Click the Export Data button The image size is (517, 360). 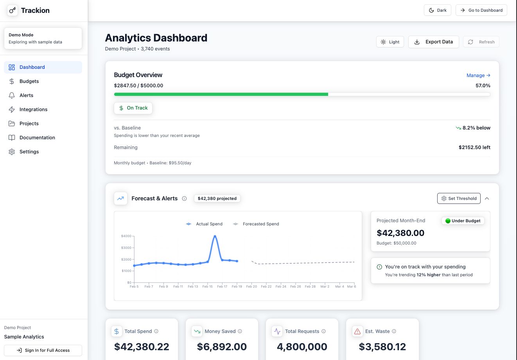(433, 42)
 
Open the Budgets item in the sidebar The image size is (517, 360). (29, 81)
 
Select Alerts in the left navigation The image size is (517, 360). (26, 95)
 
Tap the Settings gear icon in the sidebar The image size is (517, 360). (12, 152)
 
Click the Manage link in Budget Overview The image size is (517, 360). (478, 76)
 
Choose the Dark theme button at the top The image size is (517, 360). (437, 10)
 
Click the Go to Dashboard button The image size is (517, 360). (481, 10)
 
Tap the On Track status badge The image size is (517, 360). (133, 108)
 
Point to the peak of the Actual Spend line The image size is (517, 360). (215, 236)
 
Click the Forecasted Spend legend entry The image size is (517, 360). (257, 224)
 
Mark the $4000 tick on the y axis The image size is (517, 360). (126, 236)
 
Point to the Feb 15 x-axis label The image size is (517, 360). (208, 286)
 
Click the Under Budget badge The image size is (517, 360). (463, 221)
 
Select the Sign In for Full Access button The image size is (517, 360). (43, 350)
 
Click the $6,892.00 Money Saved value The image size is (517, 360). (222, 347)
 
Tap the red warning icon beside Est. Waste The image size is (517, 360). (357, 331)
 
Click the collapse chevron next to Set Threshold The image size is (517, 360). (487, 198)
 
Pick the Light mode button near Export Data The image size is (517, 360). (390, 42)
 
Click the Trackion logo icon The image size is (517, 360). (13, 11)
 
